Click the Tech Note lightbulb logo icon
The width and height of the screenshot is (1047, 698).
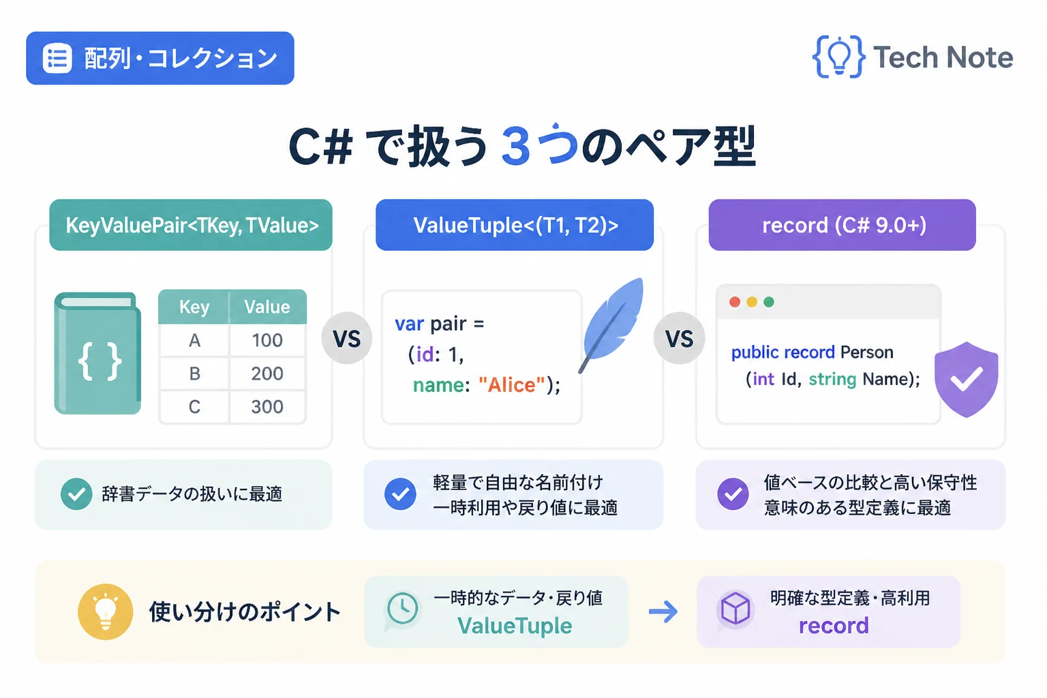[x=838, y=57]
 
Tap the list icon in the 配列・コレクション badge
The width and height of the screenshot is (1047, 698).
[x=57, y=59]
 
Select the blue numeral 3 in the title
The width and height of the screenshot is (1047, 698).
[x=516, y=147]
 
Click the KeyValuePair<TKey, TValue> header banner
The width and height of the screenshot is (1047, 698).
[x=191, y=225]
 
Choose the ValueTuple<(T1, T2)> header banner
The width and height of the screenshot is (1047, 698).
[x=515, y=225]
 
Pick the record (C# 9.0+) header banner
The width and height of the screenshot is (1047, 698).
[x=843, y=225]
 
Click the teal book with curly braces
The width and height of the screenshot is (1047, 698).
[x=97, y=354]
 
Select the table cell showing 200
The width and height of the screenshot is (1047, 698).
[x=267, y=374]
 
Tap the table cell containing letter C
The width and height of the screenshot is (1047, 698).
[x=194, y=407]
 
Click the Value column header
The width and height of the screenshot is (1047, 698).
[x=267, y=307]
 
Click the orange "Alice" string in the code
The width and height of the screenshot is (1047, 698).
[x=512, y=384]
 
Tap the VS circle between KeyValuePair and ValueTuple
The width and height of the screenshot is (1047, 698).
[x=347, y=338]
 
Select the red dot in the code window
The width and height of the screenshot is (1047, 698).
[x=735, y=302]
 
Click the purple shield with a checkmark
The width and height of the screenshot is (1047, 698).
[x=967, y=379]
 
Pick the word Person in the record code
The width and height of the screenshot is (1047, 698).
[x=866, y=352]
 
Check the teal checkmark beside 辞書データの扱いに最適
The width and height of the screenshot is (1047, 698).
[x=76, y=494]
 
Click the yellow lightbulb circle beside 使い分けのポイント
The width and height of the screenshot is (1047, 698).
[x=106, y=611]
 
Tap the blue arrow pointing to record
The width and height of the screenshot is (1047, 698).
[x=663, y=611]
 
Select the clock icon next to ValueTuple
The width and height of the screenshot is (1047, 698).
[x=402, y=608]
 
